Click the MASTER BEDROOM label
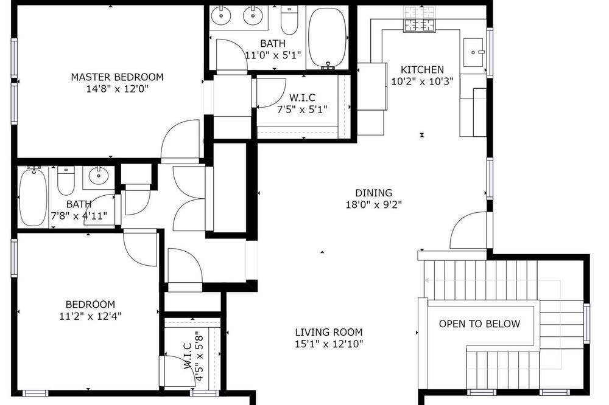pos(117,77)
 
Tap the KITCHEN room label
pos(422,70)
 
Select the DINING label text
pos(374,193)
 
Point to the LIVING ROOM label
pos(329,332)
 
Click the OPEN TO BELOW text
pos(479,324)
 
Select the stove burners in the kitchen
pos(419,19)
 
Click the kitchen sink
pos(473,52)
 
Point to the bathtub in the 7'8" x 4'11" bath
pos(33,196)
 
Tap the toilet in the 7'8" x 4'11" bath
pos(66,181)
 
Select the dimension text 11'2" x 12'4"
pos(90,317)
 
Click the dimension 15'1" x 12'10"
pos(329,344)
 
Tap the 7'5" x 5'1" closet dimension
pos(302,109)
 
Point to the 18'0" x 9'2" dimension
pos(374,205)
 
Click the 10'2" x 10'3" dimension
pos(422,82)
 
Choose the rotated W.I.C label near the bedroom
pos(188,356)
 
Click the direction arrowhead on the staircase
pos(427,280)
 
